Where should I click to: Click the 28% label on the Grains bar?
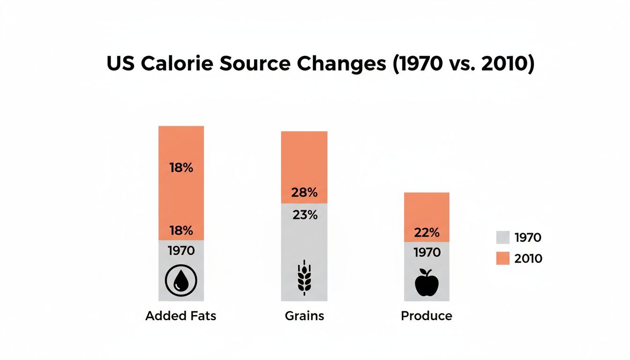coord(304,193)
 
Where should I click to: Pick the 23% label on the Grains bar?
coord(304,215)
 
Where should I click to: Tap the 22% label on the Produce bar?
coord(427,232)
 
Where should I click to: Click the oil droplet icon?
coord(181,280)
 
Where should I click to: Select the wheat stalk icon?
coord(304,277)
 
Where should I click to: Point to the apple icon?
coord(427,282)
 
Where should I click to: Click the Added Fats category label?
coord(181,316)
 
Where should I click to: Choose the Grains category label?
coord(304,316)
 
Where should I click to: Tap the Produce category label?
coord(427,316)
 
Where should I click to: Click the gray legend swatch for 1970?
coord(502,238)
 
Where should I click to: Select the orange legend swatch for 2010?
coord(502,258)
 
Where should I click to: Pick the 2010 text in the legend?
coord(528,258)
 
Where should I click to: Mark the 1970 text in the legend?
coord(528,238)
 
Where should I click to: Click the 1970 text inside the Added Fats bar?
coord(181,251)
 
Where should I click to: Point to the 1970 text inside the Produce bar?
coord(427,253)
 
